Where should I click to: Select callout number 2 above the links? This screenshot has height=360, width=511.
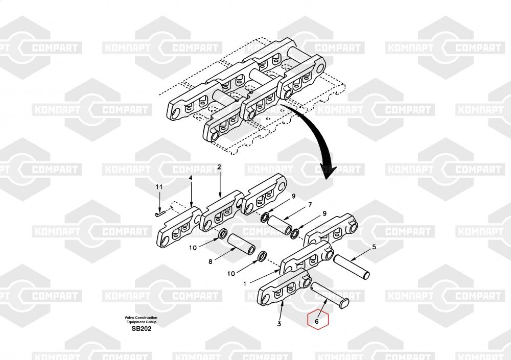tap(219, 167)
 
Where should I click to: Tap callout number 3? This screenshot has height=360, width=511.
tap(279, 324)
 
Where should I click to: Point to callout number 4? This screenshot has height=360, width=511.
tap(191, 178)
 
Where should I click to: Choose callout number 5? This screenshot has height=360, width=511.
tap(374, 247)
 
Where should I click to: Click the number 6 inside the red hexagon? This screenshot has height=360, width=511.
tap(317, 322)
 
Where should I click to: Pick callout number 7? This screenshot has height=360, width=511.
tap(309, 205)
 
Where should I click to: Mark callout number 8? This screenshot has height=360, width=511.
tap(210, 262)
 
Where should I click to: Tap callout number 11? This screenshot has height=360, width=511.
tap(159, 187)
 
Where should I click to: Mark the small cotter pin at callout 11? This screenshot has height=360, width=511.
tap(158, 214)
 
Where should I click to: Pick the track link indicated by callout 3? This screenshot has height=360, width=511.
tap(284, 289)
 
